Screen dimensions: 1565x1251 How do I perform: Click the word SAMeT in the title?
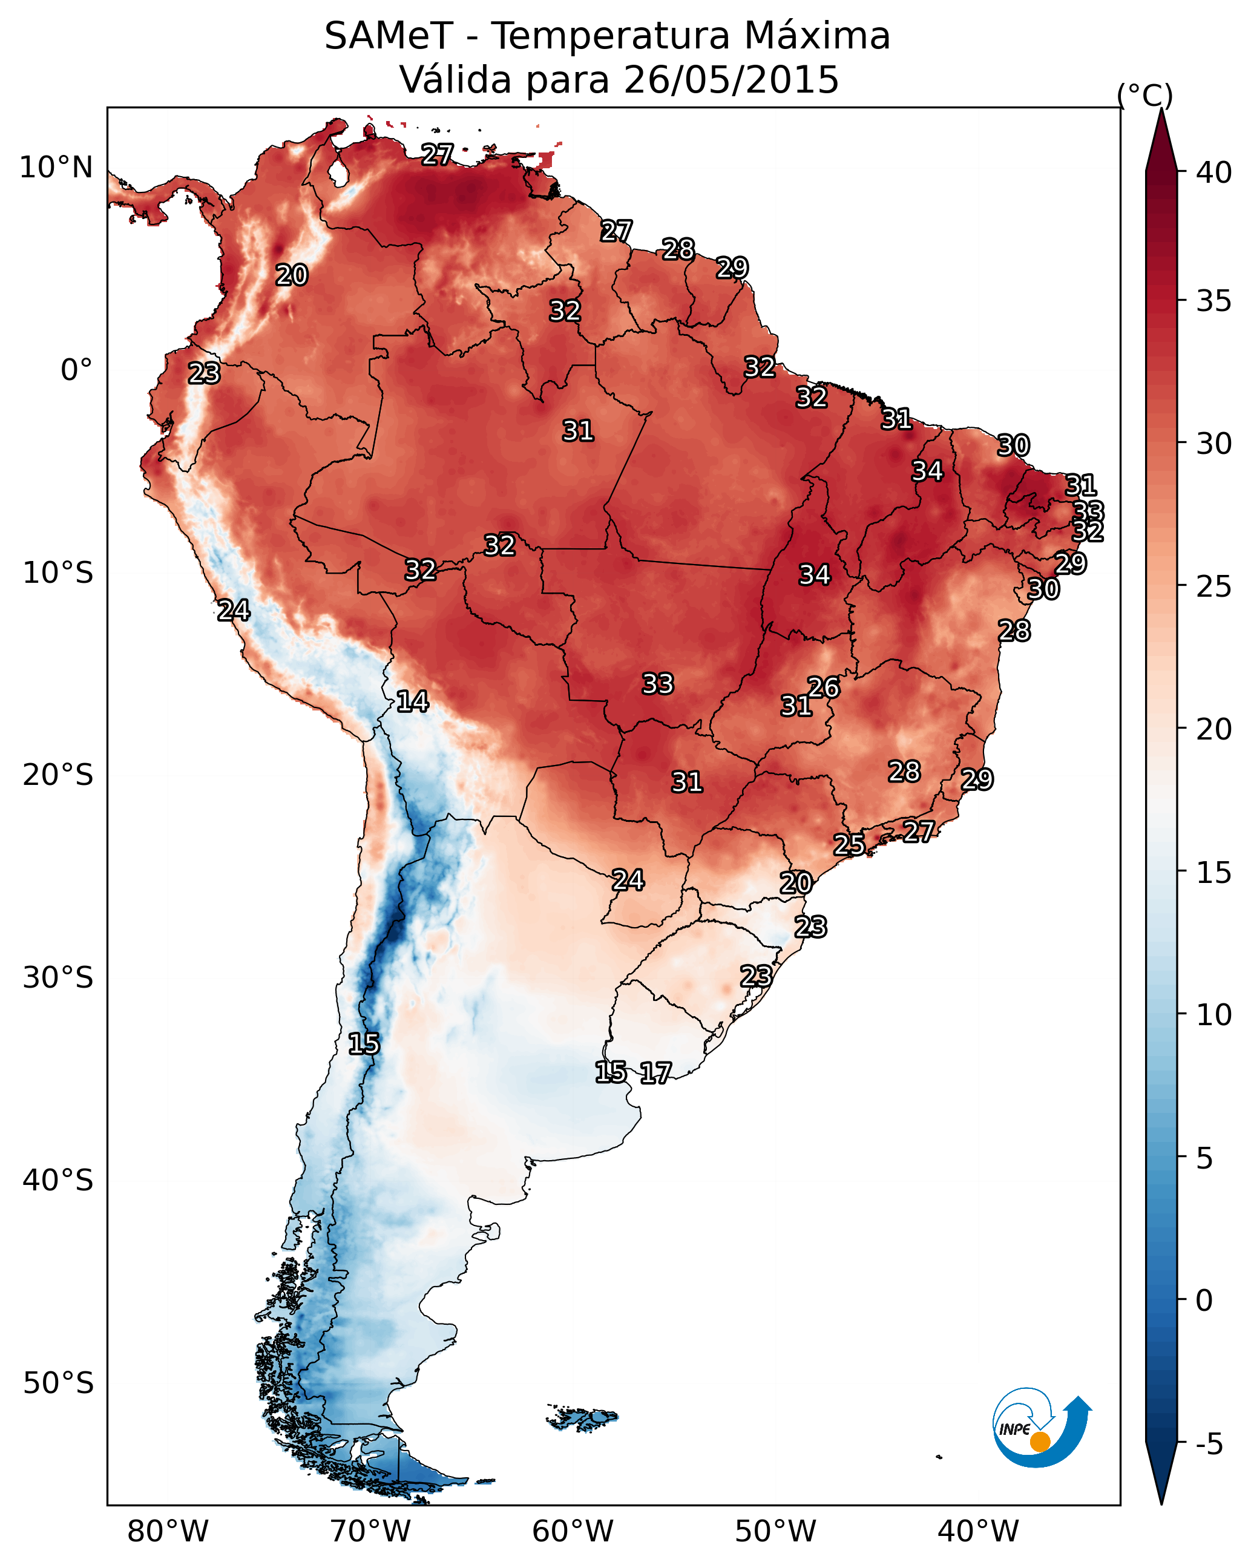coord(389,36)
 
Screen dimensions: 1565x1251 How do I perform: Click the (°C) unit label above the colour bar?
coord(1144,95)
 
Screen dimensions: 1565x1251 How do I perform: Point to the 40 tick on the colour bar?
coord(1214,172)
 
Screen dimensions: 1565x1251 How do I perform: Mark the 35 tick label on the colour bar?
coord(1214,301)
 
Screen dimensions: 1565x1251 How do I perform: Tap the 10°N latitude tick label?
coord(56,168)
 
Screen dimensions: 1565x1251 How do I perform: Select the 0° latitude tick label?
coord(76,370)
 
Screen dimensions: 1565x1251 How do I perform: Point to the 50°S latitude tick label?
coord(58,1383)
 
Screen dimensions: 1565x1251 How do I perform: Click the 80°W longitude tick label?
coord(168,1532)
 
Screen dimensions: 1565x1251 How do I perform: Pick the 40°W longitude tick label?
coord(978,1532)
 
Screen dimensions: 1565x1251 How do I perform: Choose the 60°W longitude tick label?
coord(573,1532)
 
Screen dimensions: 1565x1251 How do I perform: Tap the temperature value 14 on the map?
coord(412,701)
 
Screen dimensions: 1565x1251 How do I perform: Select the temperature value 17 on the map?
coord(655,1073)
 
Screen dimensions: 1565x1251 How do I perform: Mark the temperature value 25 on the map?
coord(849,844)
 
